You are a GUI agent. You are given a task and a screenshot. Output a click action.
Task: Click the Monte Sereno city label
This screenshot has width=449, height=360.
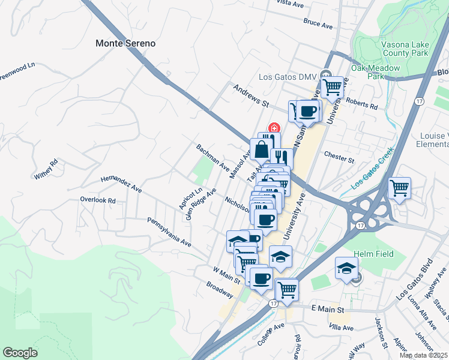[x=125, y=43]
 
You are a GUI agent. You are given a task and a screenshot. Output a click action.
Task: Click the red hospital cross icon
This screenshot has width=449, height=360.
[x=274, y=127]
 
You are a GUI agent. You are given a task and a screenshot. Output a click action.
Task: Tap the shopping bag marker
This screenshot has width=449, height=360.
[x=262, y=149]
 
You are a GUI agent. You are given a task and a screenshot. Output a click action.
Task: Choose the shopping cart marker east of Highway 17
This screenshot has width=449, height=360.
[x=399, y=188]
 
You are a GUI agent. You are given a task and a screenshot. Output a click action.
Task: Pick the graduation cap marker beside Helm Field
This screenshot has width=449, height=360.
[x=346, y=268]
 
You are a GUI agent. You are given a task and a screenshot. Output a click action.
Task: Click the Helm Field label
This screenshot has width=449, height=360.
[x=373, y=254]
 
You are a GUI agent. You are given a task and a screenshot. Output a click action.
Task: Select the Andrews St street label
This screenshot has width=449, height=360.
[x=250, y=95]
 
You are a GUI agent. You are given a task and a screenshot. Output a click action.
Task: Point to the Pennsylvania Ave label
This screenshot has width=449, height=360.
[x=169, y=232]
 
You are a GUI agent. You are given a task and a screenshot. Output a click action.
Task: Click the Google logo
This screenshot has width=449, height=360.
[x=20, y=353]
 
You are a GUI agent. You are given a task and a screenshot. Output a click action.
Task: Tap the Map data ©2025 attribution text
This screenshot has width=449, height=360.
[x=424, y=355]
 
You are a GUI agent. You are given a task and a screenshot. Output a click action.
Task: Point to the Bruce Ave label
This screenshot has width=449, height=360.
[x=318, y=25]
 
